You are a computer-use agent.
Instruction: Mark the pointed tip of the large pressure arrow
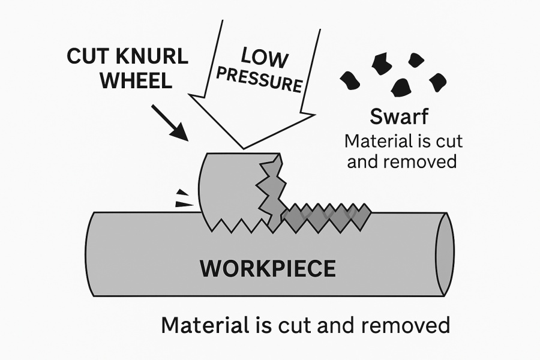(x=243, y=148)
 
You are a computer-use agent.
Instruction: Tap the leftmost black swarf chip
(x=349, y=79)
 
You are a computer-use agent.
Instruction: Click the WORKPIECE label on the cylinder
(x=268, y=268)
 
